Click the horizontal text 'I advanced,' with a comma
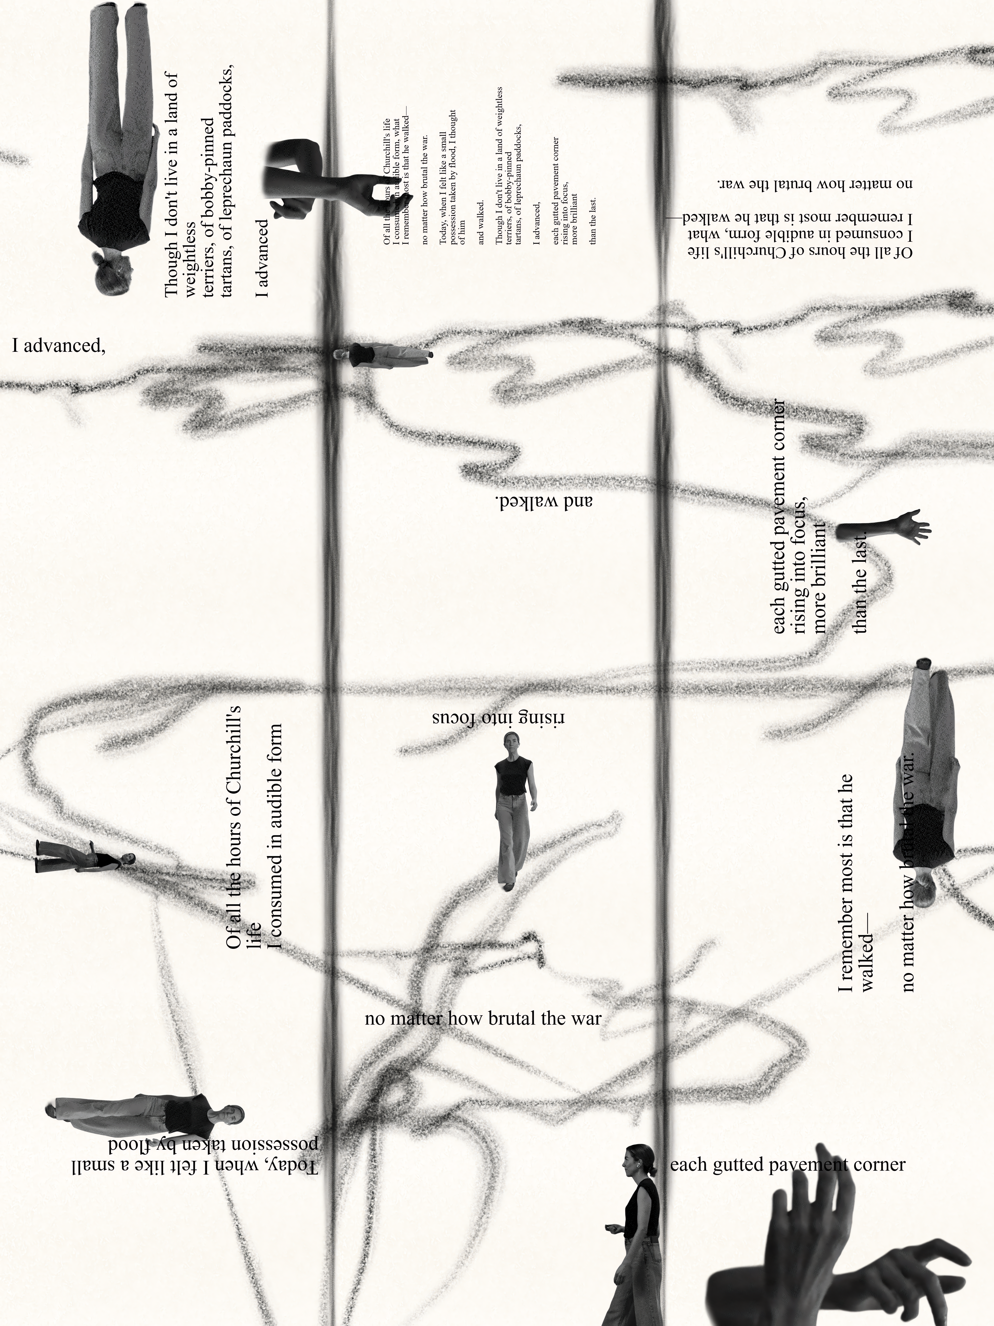pyautogui.click(x=59, y=346)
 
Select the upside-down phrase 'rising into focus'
pyautogui.click(x=499, y=718)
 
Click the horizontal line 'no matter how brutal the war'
pyautogui.click(x=483, y=1018)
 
